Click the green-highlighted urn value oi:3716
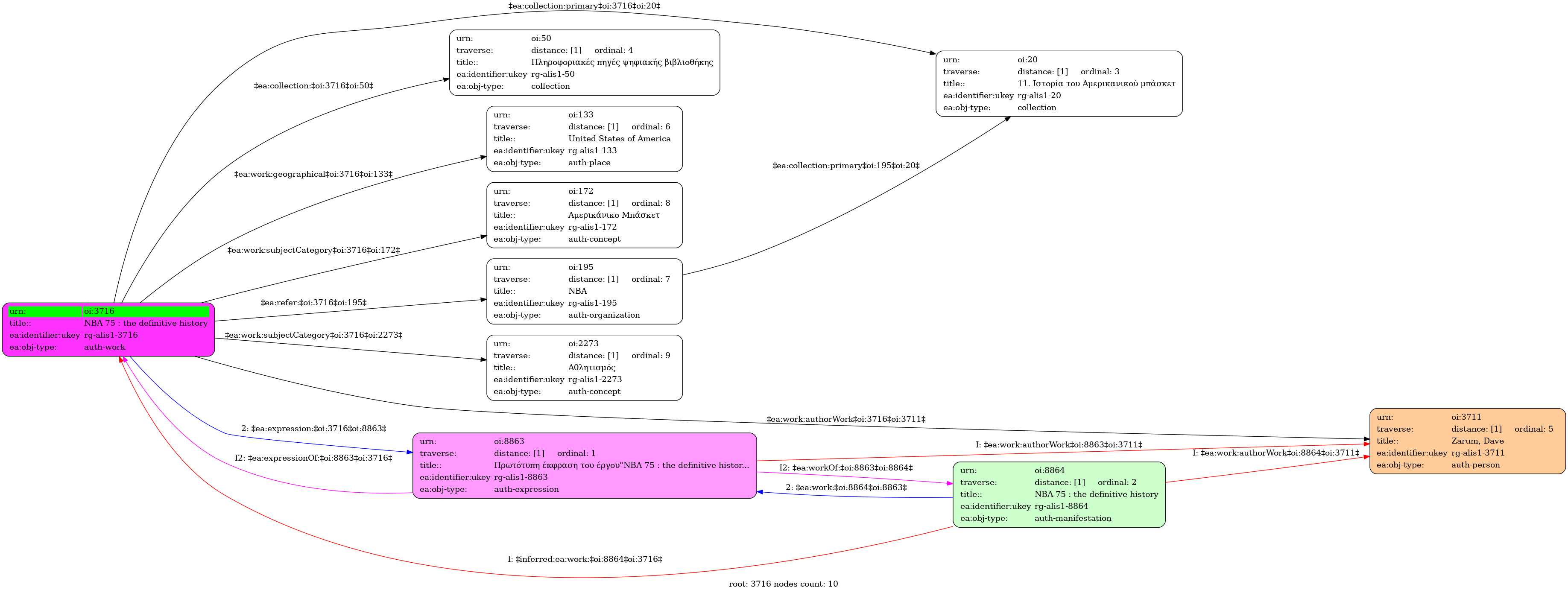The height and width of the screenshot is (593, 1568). [99, 311]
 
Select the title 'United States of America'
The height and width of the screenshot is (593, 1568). [619, 139]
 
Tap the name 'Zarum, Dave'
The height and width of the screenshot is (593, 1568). [1477, 441]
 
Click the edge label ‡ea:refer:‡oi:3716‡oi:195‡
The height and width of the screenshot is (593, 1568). [313, 303]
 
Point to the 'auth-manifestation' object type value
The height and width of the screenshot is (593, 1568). [1073, 518]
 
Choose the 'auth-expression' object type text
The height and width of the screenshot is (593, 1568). [526, 489]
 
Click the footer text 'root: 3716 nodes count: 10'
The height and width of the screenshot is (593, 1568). [784, 584]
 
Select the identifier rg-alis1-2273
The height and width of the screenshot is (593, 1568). [595, 379]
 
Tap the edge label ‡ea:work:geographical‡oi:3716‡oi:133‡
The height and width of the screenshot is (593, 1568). [313, 174]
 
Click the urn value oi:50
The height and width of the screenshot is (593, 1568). [541, 38]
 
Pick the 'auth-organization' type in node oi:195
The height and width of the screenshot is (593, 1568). [604, 315]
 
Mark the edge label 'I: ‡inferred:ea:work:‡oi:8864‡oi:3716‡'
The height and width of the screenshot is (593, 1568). [585, 559]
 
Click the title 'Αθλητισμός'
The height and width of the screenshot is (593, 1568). [592, 367]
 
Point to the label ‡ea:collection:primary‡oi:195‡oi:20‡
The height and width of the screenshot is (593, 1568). [846, 166]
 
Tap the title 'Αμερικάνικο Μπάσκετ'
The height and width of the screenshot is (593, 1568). [614, 215]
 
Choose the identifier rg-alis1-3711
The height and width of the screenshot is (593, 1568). [1478, 453]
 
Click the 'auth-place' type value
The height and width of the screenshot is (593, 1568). [589, 163]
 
